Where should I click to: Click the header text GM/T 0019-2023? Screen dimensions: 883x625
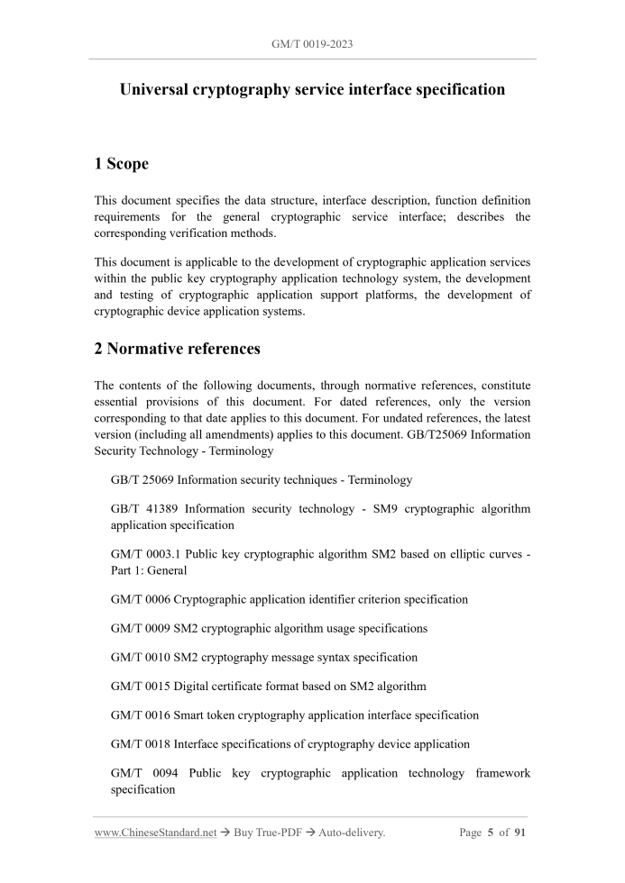312,42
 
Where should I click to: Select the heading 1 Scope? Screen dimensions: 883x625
122,164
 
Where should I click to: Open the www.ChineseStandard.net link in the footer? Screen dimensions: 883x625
155,833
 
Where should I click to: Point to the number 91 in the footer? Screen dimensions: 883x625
520,833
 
